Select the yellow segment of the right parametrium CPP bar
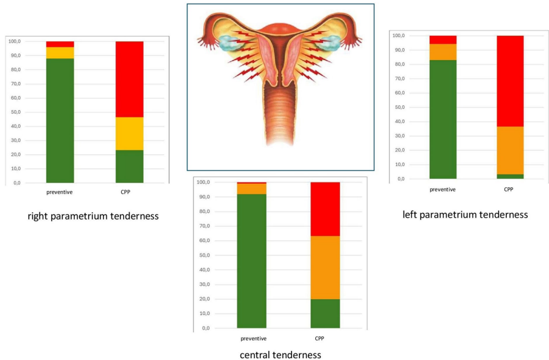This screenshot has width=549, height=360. tap(129, 133)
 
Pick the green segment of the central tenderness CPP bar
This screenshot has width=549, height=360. tap(325, 313)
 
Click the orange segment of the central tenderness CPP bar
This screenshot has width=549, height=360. tap(325, 267)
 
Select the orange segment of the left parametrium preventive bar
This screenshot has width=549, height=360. tap(442, 52)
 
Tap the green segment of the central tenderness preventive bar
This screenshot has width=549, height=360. tap(251, 261)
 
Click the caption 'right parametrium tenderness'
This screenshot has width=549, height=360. tap(93, 216)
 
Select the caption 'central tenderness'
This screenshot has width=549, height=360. tap(280, 355)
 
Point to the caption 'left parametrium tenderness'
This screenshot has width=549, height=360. tap(465, 214)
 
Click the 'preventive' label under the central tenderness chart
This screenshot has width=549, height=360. tap(253, 338)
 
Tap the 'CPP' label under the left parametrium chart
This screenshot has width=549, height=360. tap(509, 189)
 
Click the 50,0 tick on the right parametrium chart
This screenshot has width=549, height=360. tap(14, 112)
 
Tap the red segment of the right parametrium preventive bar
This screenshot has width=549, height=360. tap(60, 44)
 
